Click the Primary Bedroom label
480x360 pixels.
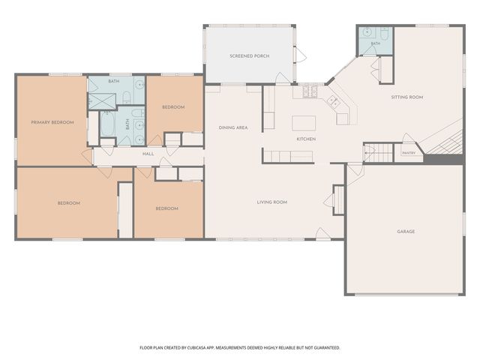(52, 122)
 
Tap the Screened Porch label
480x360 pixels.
(250, 56)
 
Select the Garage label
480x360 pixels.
(406, 232)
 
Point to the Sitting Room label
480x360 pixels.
(407, 97)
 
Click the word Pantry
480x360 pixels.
(409, 153)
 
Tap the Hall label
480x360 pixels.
(148, 154)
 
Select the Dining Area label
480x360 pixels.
(233, 127)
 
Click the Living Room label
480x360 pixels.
(272, 202)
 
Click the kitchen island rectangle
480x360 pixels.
(304, 123)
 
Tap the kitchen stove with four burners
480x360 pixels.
(310, 91)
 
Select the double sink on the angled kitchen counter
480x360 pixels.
(333, 102)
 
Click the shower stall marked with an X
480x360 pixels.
(102, 101)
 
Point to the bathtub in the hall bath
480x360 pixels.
(107, 124)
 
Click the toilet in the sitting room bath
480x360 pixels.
(385, 33)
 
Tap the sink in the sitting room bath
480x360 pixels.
(367, 31)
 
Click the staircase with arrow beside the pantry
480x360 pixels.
(378, 152)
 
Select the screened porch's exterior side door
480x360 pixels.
(300, 55)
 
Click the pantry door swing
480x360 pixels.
(409, 138)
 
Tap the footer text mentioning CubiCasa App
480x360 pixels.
(240, 348)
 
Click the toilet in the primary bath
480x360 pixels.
(127, 97)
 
